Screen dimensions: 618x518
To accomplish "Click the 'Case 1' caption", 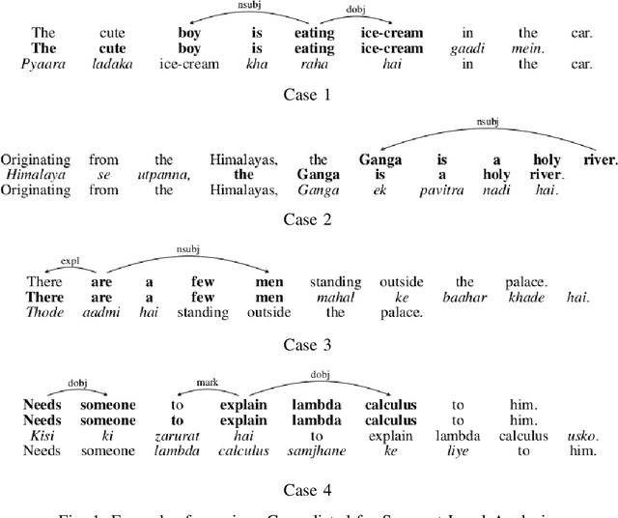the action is [307, 95].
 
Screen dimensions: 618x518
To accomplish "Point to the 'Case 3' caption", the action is [307, 343].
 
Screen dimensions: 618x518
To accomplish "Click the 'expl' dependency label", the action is [69, 260].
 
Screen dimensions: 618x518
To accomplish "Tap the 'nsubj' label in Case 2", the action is [485, 123].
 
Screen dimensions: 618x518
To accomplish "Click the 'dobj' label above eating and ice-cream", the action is [355, 11].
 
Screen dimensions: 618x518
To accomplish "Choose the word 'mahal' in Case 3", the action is [328, 298].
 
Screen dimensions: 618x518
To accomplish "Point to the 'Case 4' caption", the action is [307, 488].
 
